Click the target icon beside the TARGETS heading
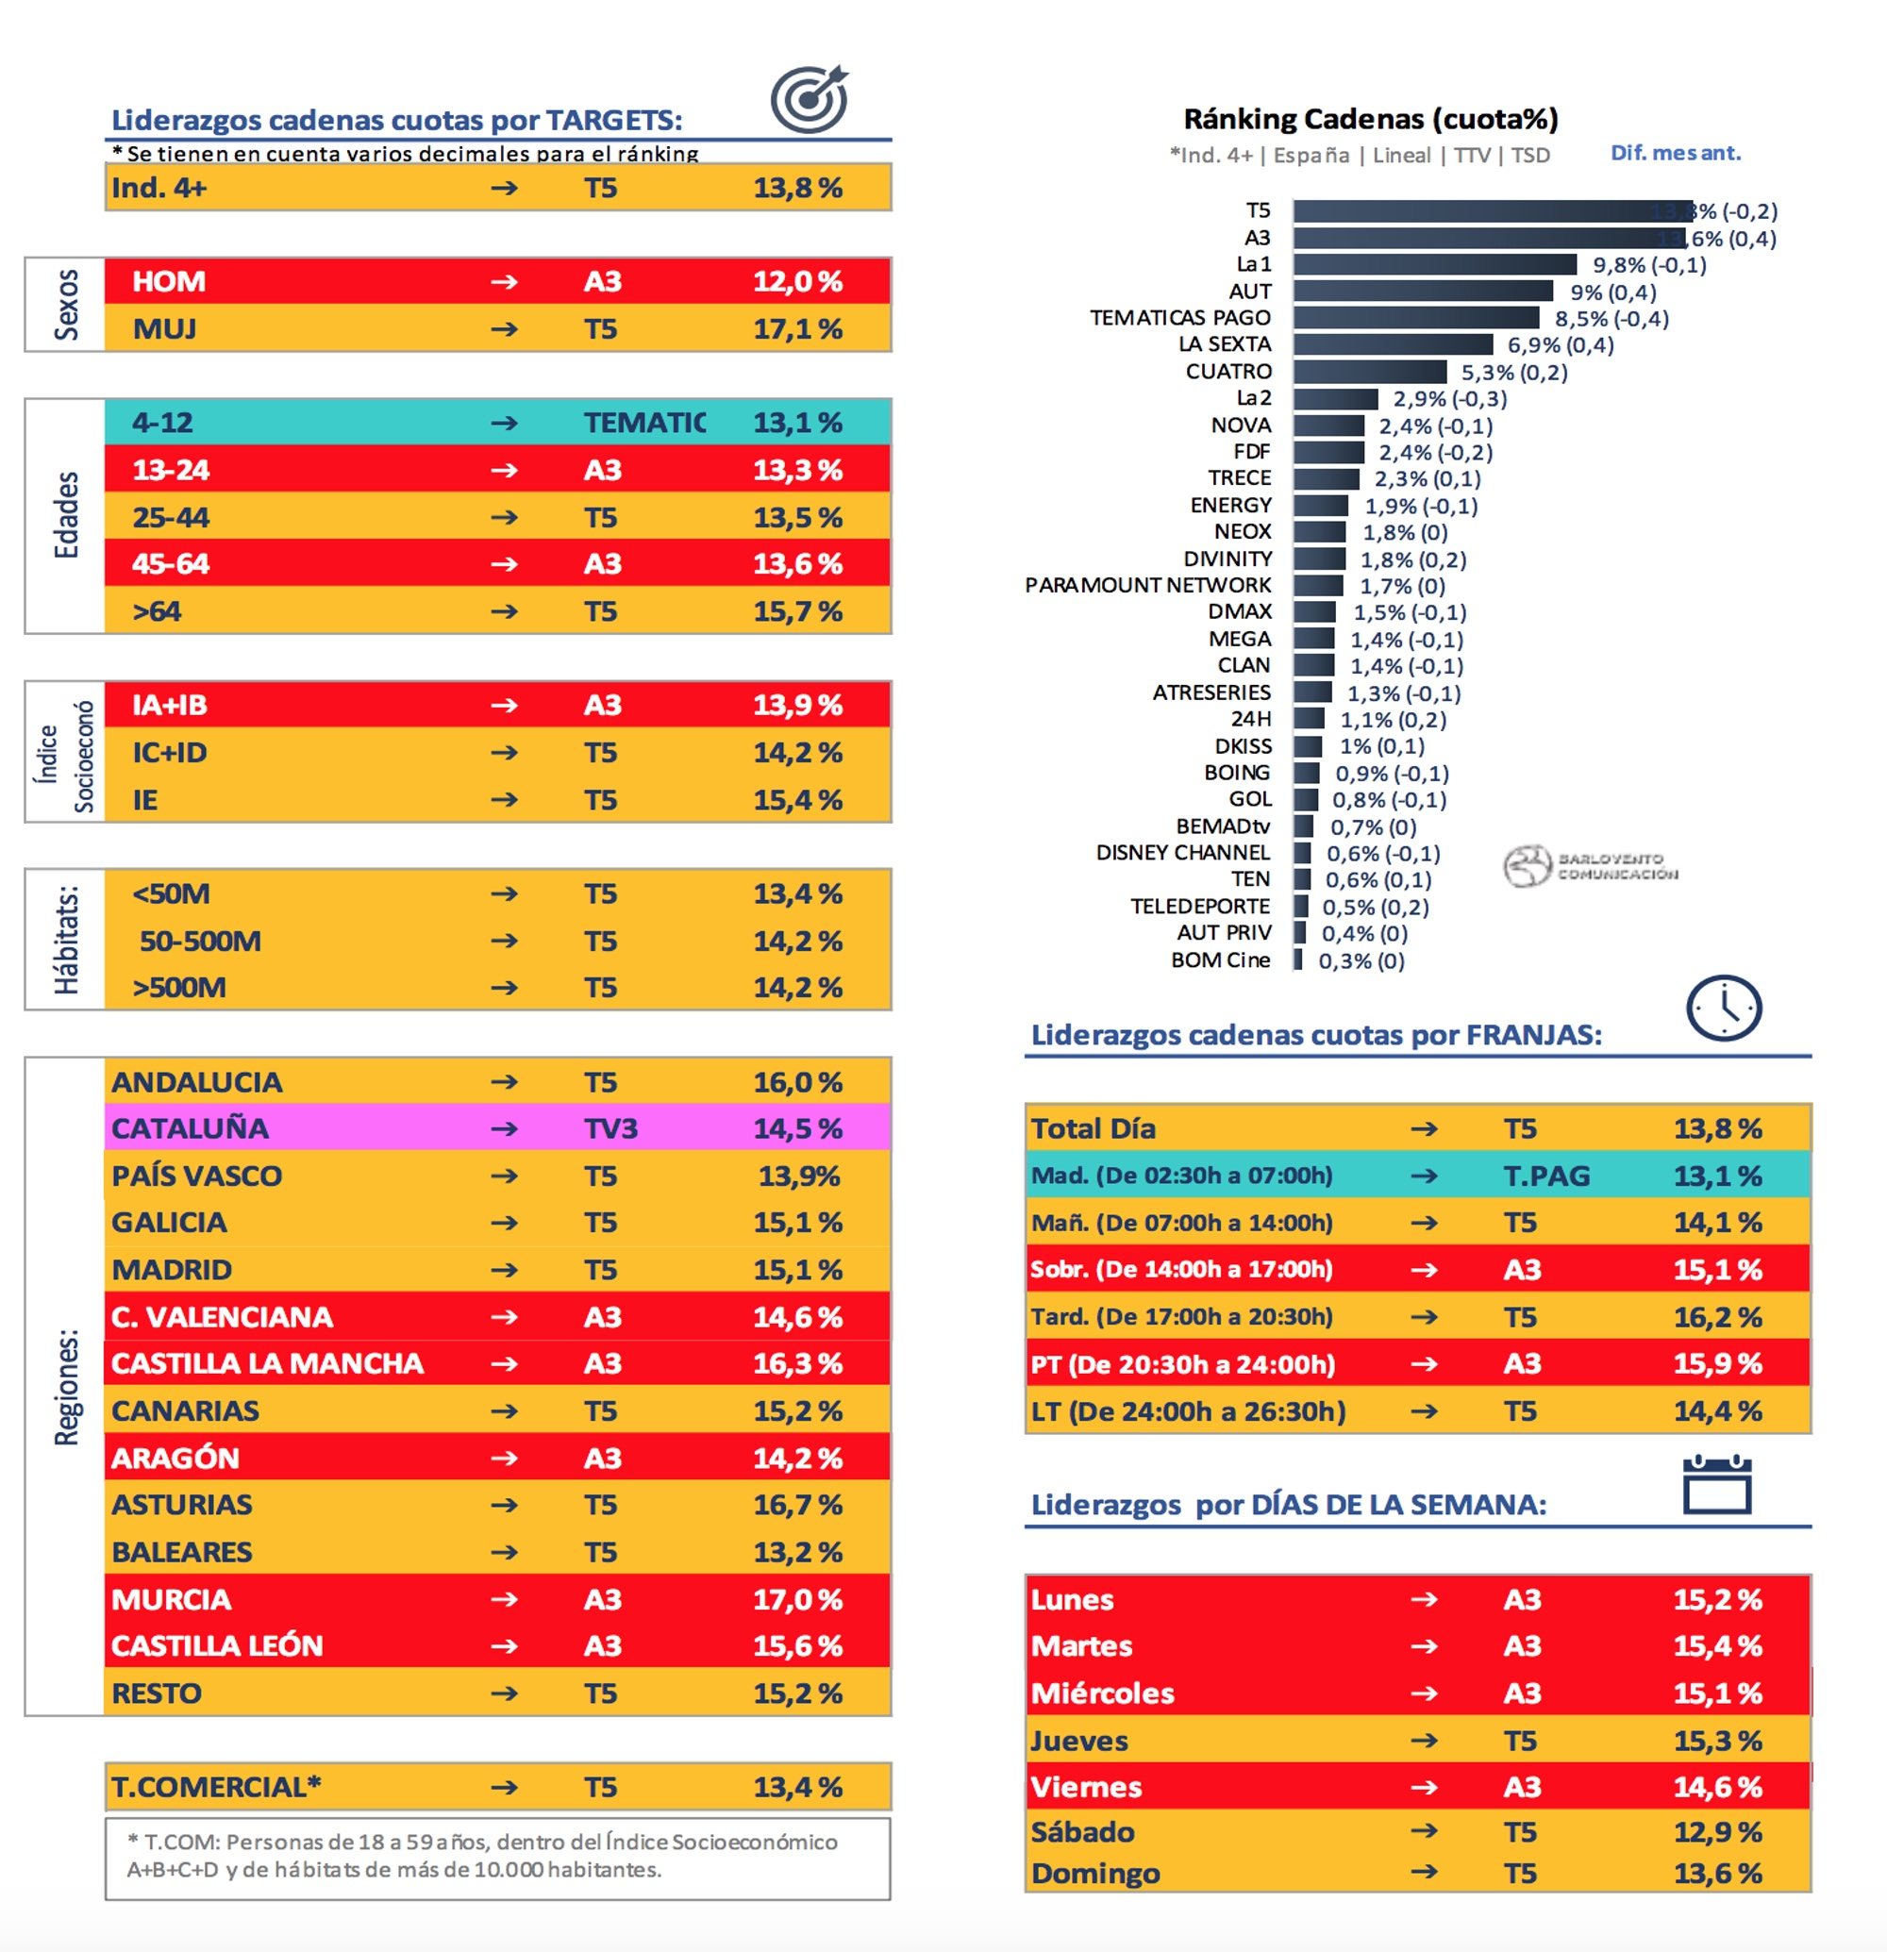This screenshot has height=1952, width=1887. click(809, 99)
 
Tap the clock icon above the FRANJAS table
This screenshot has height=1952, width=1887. click(1723, 1008)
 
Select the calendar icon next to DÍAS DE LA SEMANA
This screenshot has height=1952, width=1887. click(1717, 1485)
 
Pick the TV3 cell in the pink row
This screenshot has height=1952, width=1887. click(610, 1128)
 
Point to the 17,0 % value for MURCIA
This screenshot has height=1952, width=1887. click(797, 1599)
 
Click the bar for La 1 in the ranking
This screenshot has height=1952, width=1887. click(1434, 264)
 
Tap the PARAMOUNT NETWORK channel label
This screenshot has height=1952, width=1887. click(1147, 585)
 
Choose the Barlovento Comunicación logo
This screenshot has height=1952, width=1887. click(1589, 865)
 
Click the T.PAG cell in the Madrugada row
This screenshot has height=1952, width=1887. click(1546, 1176)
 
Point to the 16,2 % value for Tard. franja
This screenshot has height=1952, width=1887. click(1717, 1318)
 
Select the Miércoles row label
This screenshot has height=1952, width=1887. click(1102, 1693)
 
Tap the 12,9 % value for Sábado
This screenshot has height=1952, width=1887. click(1717, 1831)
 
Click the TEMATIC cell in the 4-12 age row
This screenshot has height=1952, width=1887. click(644, 423)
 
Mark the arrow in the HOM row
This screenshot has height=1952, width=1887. click(504, 282)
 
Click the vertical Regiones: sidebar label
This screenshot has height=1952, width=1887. click(66, 1386)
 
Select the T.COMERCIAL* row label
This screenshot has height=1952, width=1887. click(216, 1787)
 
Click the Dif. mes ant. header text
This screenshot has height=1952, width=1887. click(1675, 154)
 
